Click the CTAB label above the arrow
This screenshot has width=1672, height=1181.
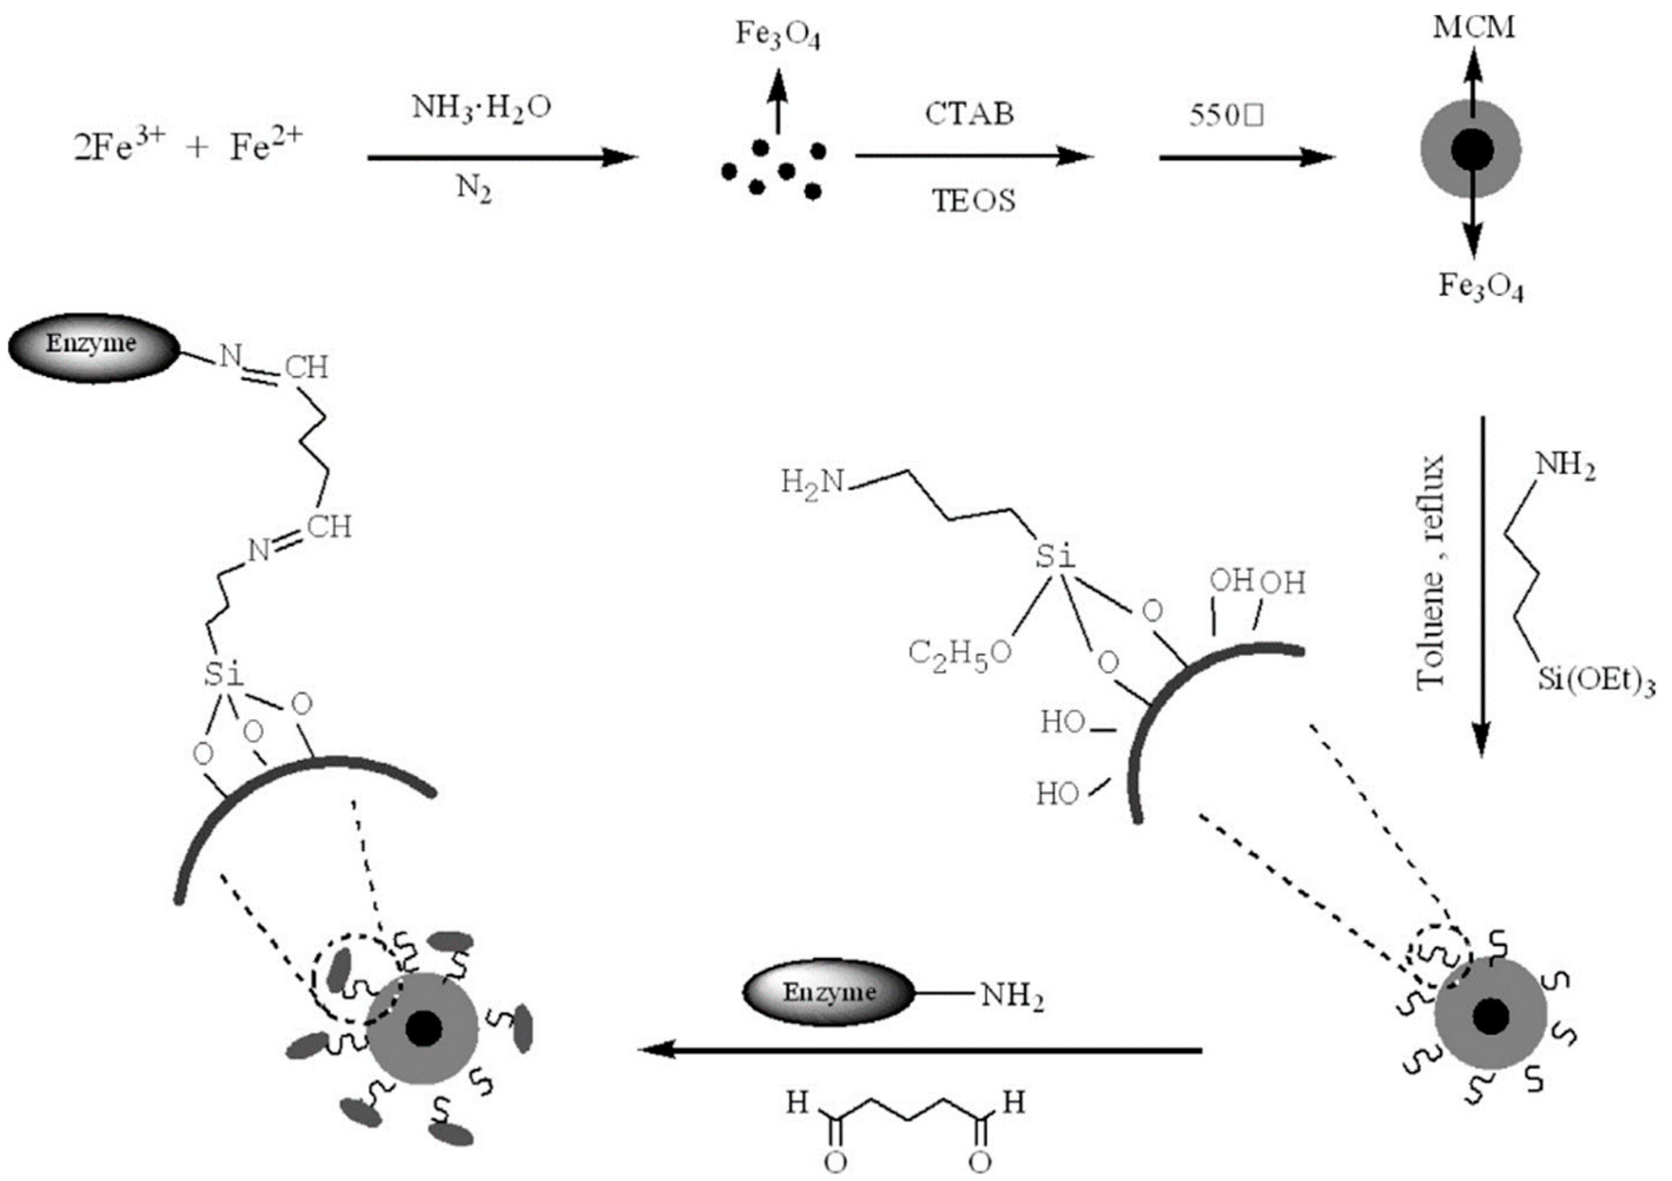click(969, 114)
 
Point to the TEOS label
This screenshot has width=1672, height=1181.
click(974, 200)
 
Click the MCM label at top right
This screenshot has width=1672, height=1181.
click(1474, 28)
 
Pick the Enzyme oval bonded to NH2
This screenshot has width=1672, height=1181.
click(828, 992)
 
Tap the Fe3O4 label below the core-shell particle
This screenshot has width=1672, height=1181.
click(1481, 286)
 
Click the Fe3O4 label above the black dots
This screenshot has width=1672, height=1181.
click(778, 35)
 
